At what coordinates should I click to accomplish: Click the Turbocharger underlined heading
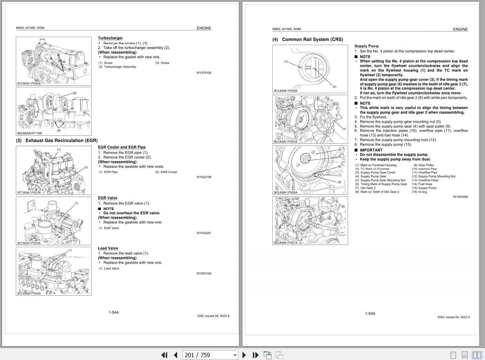pos(110,38)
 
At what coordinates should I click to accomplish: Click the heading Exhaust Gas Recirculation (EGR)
pos(56,141)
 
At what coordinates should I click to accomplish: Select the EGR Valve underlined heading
pos(107,198)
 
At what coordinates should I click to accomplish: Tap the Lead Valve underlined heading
pos(108,248)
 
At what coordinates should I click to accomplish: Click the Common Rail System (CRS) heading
pos(307,39)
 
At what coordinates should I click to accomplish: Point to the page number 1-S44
pos(114,313)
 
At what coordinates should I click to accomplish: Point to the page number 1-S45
pos(370,314)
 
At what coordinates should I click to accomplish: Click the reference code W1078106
pos(204,73)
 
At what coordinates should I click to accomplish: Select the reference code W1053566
pos(460,197)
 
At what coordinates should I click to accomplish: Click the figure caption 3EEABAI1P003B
pos(285,91)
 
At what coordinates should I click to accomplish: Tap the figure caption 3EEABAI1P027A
pos(285,243)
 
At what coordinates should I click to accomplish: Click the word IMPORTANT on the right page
pos(371,150)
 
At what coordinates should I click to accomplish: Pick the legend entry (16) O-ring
pos(419,192)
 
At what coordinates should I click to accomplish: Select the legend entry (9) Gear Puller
pos(423,165)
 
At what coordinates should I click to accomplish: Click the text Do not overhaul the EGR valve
pos(131,213)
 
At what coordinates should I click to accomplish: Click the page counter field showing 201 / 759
pos(210,355)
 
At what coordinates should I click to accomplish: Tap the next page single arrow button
pos(244,355)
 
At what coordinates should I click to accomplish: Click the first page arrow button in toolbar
pos(165,355)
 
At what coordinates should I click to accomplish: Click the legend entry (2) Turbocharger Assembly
pos(118,67)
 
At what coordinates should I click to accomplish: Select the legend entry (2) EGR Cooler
pos(166,172)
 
